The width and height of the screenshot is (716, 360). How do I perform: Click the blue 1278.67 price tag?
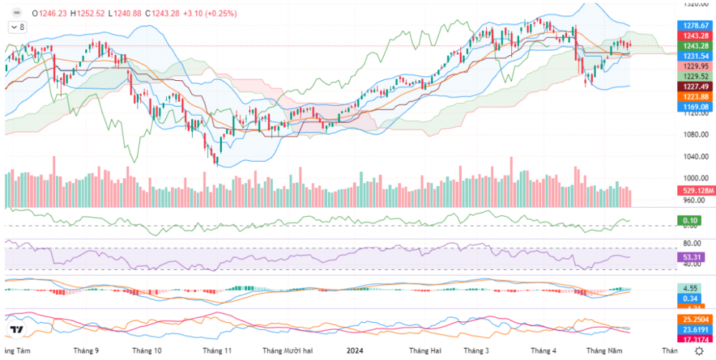(696, 25)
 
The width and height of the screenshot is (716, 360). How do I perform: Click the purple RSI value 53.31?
(692, 256)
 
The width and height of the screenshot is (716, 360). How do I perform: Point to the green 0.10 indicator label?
(691, 220)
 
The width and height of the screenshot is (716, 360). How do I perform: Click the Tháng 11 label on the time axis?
(217, 351)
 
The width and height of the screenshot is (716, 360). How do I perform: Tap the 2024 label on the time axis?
(356, 351)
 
